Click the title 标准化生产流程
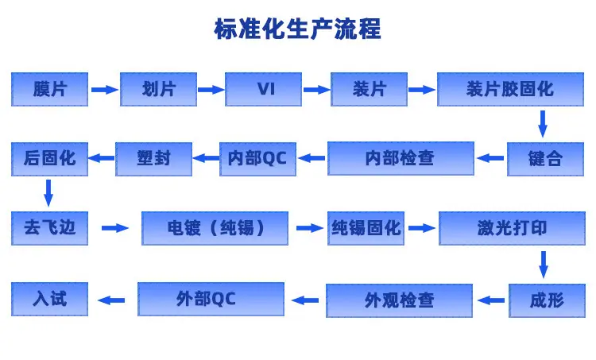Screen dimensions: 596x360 point(298,29)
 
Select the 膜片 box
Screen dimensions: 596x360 point(49,89)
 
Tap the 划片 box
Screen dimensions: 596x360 point(158,89)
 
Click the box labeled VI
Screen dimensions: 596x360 point(263,89)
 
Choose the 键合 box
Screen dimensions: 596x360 point(545,159)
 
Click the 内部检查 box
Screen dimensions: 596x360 point(401,158)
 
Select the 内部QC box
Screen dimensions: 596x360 point(257,159)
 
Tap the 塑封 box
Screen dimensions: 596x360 point(153,159)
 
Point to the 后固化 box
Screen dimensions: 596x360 point(49,159)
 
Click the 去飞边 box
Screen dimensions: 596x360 point(49,228)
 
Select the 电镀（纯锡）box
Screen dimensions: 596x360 point(215,228)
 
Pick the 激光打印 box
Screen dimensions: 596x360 point(512,228)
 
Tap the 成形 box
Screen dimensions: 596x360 point(547,300)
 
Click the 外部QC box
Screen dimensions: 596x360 point(211,299)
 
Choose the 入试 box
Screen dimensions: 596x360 point(49,299)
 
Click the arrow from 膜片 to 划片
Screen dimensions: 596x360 point(105,90)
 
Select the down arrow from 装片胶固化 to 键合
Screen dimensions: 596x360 point(543,124)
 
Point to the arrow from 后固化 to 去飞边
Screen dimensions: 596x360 point(48,193)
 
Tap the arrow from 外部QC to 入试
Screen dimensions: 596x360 point(111,300)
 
